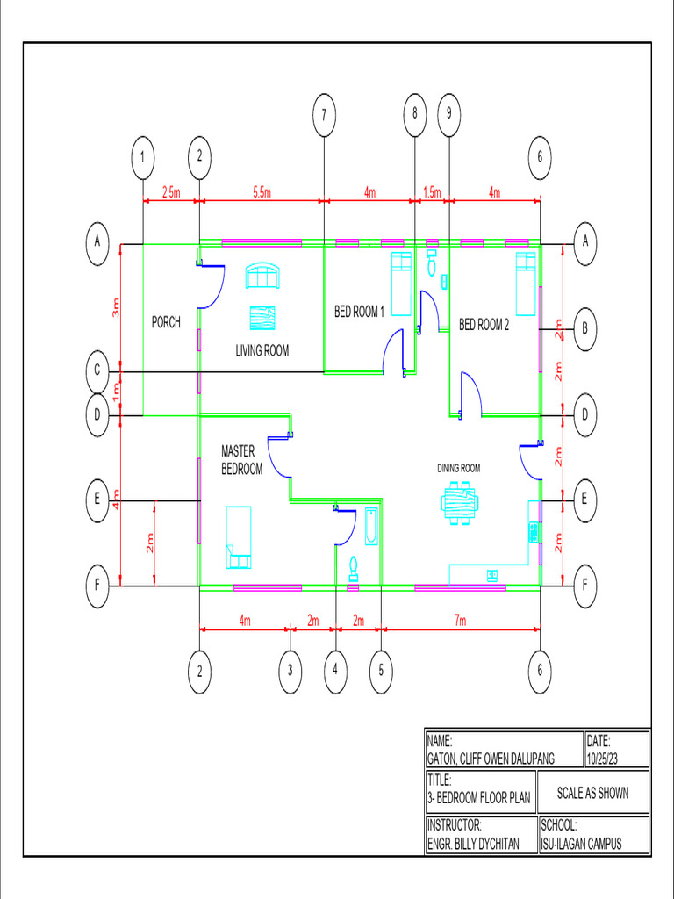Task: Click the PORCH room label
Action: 166,322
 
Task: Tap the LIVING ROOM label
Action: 262,350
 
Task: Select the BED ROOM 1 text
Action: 359,311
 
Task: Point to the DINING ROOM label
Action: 459,468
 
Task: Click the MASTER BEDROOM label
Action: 241,460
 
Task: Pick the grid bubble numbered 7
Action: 324,114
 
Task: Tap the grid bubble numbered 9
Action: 448,113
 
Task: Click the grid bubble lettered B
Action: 584,330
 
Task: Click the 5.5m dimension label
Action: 262,192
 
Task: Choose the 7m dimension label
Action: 460,621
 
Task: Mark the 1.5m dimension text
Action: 432,192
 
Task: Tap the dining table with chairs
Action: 460,504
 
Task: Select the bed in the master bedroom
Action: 239,536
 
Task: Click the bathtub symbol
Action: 371,527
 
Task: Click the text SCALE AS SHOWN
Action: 593,793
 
